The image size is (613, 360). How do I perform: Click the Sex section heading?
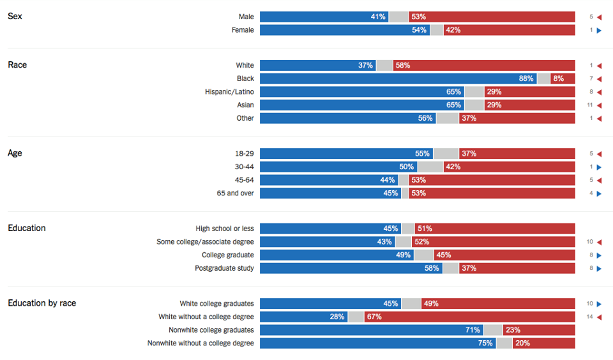tap(15, 16)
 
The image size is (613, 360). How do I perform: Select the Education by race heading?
tap(42, 303)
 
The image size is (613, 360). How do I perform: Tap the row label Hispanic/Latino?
tap(229, 92)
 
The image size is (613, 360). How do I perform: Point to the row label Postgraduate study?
tap(224, 268)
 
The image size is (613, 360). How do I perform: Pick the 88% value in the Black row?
tap(526, 79)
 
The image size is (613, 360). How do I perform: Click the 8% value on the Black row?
tap(559, 79)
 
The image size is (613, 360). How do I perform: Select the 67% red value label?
tap(374, 317)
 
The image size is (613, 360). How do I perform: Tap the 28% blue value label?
tap(337, 317)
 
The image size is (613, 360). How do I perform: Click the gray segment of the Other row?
tap(448, 118)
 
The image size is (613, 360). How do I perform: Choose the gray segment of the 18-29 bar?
tap(446, 154)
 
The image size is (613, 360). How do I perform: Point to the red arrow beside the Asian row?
tap(599, 105)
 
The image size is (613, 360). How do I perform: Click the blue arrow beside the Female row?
tap(599, 30)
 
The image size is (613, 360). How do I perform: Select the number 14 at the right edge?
tap(591, 317)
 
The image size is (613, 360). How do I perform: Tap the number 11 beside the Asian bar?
tap(591, 105)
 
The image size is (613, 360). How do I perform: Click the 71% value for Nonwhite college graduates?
tap(473, 330)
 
